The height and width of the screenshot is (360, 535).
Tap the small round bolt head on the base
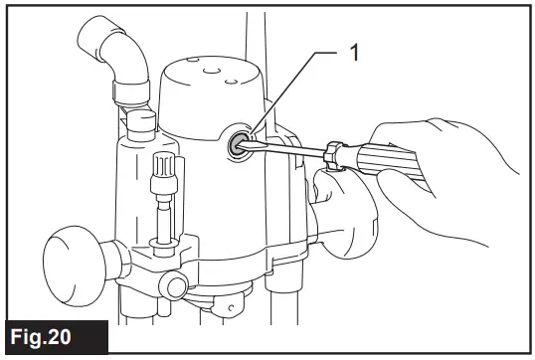(x=176, y=288)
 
